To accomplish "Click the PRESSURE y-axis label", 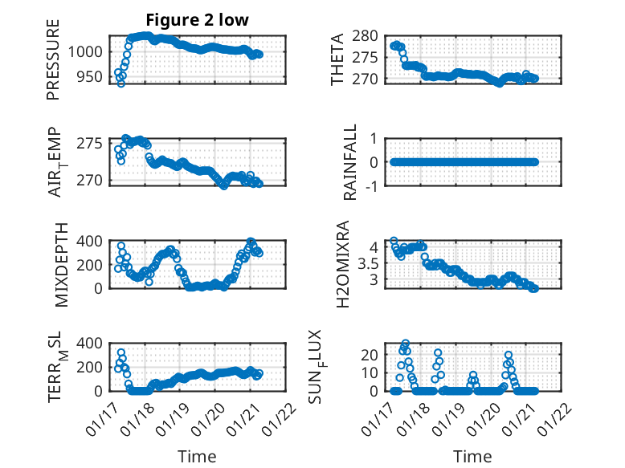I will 53,65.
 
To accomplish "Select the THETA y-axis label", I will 338,59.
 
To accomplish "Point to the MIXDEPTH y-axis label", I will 62,266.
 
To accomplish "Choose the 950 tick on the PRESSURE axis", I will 90,77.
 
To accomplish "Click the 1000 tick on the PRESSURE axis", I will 86,51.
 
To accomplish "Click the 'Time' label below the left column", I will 197,457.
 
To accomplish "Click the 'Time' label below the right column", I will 473,457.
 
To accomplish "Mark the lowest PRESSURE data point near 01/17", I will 121,83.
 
